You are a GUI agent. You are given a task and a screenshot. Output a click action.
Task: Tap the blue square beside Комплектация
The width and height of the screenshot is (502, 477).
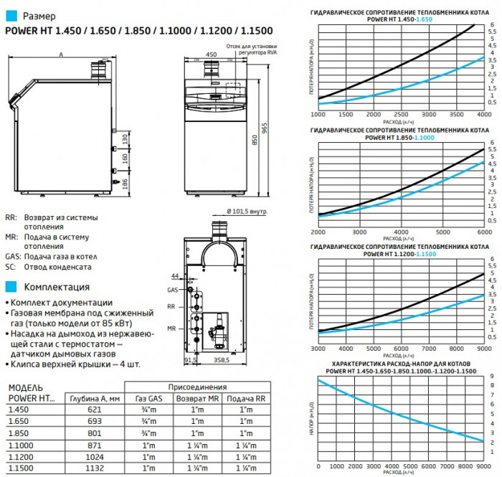(9, 287)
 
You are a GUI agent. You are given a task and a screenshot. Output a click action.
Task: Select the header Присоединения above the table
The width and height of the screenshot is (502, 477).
(196, 385)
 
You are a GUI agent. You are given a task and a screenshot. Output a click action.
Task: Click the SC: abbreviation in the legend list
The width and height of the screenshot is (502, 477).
(11, 266)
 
